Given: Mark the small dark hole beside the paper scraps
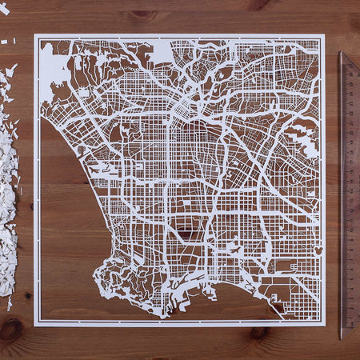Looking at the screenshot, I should (27, 295).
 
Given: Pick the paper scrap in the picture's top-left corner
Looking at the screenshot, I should (4, 8).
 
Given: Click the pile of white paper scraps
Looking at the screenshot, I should (8, 200).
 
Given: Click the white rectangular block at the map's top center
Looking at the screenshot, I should (159, 53).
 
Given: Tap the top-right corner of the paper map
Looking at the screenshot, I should (324, 34).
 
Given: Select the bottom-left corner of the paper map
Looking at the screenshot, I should (34, 326).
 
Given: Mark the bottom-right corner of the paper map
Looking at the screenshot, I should (325, 325).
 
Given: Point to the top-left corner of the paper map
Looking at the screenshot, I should (34, 34).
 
